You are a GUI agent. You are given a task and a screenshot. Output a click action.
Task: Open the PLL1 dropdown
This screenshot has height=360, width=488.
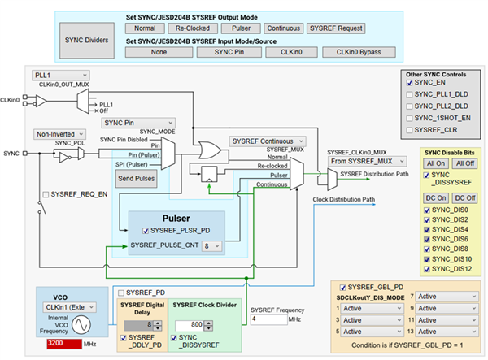(62, 75)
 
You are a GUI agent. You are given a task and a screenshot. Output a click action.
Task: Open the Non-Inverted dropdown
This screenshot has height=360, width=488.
(62, 133)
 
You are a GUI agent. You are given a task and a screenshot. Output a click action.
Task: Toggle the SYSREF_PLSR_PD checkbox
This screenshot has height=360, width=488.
(145, 232)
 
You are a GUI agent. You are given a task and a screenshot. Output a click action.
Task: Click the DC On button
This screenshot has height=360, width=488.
(437, 197)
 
